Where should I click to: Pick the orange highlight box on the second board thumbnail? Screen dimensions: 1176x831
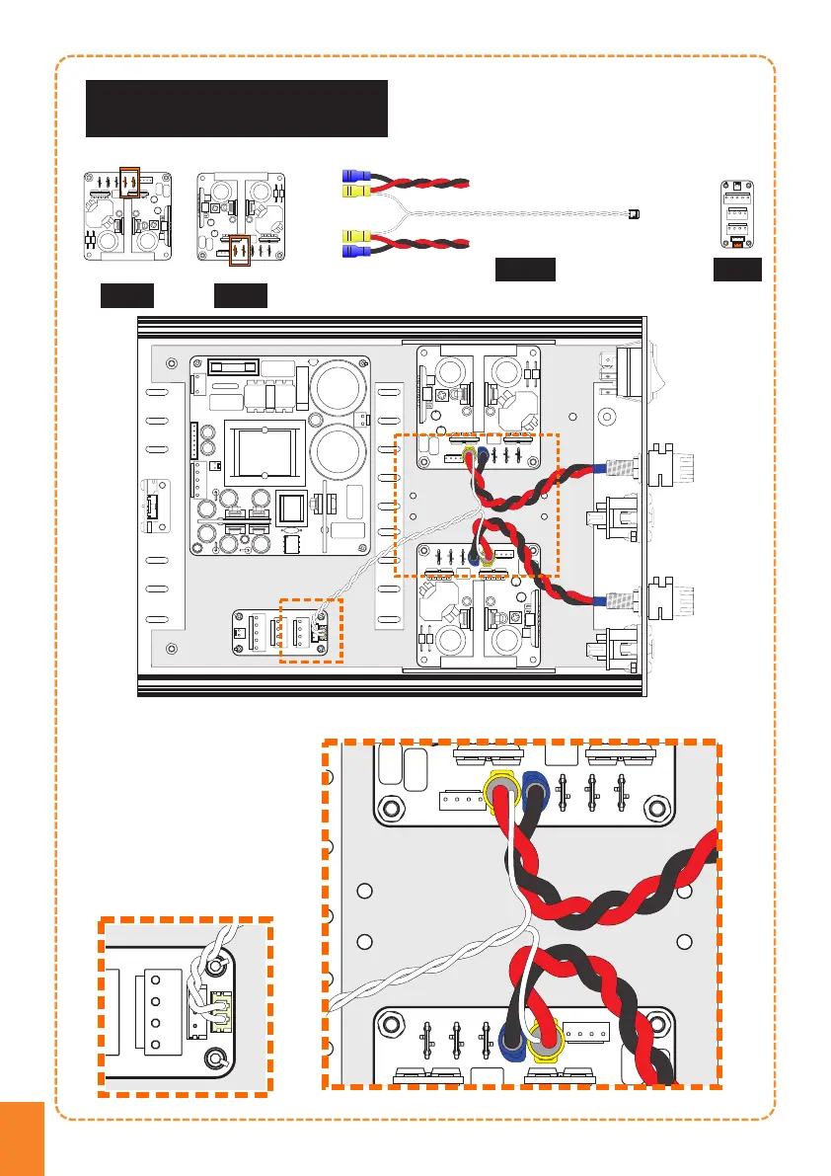[242, 251]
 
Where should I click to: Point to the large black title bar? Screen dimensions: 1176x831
[237, 109]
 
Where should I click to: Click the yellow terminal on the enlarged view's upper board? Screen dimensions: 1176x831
[503, 791]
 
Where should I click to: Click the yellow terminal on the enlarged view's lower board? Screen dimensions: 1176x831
[544, 1038]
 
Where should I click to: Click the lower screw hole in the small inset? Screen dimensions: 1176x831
[214, 1060]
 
